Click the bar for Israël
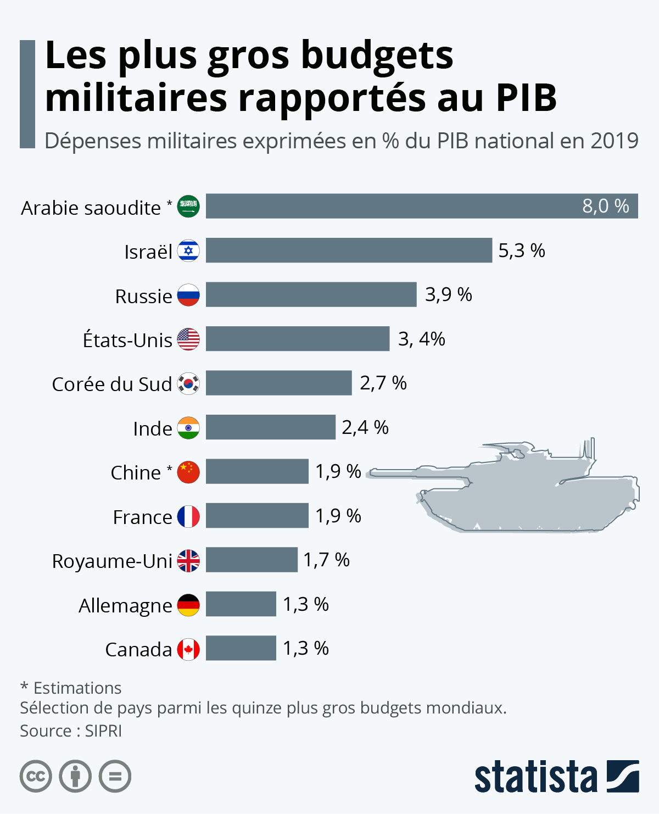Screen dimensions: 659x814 (x=349, y=250)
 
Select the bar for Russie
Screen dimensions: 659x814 (x=311, y=294)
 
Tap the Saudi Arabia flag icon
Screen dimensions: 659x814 (x=188, y=207)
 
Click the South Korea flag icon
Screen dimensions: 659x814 (x=188, y=383)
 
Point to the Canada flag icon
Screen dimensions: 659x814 (x=188, y=649)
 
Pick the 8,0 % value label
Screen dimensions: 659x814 (x=606, y=207)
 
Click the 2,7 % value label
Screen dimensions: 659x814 (x=383, y=383)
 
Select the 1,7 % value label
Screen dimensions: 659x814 (x=326, y=560)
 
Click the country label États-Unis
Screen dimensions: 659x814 (x=127, y=339)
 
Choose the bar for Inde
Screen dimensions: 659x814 (x=271, y=427)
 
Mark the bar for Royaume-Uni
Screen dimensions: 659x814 (x=252, y=560)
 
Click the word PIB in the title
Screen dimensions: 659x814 (x=527, y=98)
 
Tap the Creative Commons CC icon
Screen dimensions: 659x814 (x=36, y=776)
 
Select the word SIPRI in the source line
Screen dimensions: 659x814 (x=103, y=731)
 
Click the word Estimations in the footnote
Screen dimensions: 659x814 (x=77, y=688)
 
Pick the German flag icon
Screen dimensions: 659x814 (x=188, y=605)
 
